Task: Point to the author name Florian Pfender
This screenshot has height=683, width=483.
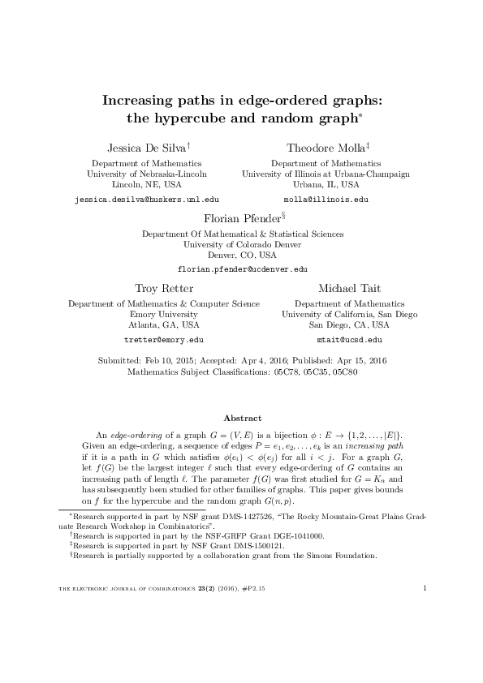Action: click(239, 217)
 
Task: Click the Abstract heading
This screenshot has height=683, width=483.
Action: click(242, 418)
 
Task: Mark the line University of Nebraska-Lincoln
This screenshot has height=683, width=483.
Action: click(146, 174)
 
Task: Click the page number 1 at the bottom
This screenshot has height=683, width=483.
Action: click(425, 633)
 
